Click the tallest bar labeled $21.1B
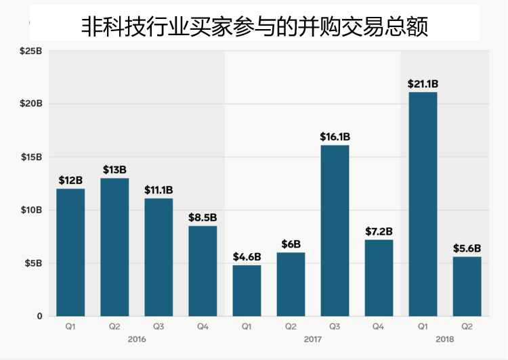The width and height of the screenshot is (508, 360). pyautogui.click(x=423, y=204)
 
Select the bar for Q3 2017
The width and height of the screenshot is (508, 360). pyautogui.click(x=335, y=230)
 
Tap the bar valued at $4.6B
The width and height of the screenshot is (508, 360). pyautogui.click(x=247, y=290)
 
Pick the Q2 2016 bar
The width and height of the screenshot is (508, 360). pyautogui.click(x=114, y=247)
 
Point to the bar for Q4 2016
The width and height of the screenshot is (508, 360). pyautogui.click(x=203, y=271)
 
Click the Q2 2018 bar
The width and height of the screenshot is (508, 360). pyautogui.click(x=467, y=286)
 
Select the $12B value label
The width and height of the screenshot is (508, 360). pyautogui.click(x=70, y=181)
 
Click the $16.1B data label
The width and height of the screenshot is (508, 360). pyautogui.click(x=335, y=137)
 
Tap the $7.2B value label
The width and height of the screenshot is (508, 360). pyautogui.click(x=379, y=231)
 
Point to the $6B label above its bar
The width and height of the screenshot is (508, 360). pyautogui.click(x=291, y=244)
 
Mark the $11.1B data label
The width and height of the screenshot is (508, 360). pyautogui.click(x=158, y=190)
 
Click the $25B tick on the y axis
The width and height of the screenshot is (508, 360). pyautogui.click(x=31, y=51)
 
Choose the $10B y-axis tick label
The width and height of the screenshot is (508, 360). pyautogui.click(x=31, y=210)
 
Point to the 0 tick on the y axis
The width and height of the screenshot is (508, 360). pyautogui.click(x=39, y=316)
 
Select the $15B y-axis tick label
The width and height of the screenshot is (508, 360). pyautogui.click(x=31, y=157)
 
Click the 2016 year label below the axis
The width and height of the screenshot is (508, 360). pyautogui.click(x=136, y=338)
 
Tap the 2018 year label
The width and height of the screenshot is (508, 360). pyautogui.click(x=444, y=338)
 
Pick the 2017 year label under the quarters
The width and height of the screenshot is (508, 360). pyautogui.click(x=312, y=338)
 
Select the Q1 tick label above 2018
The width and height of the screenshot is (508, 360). pyautogui.click(x=423, y=327)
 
